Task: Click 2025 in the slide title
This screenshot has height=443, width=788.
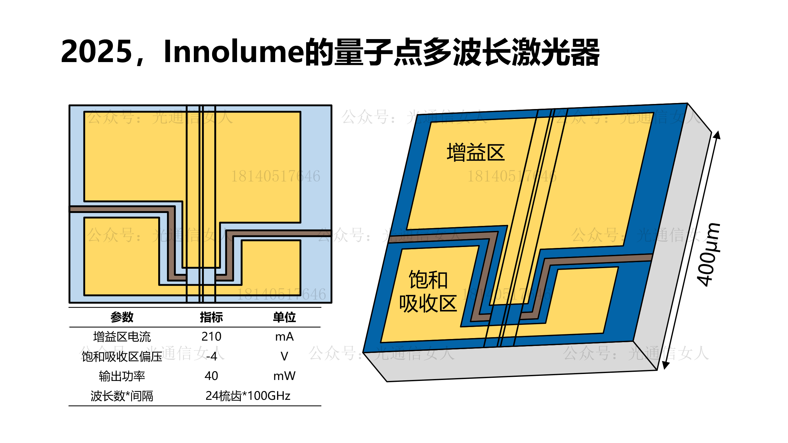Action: (96, 52)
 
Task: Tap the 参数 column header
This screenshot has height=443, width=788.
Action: (122, 317)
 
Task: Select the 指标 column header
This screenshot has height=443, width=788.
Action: (211, 317)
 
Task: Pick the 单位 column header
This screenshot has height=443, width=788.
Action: (284, 317)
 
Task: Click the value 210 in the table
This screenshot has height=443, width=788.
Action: (211, 337)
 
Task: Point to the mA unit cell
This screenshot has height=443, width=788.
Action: (284, 337)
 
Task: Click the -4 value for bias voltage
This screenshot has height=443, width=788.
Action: (211, 356)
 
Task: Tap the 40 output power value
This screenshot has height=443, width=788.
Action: (211, 376)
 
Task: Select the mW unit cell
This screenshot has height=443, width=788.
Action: (284, 376)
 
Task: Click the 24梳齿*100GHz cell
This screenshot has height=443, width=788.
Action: (248, 396)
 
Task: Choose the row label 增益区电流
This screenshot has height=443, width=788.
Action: (122, 337)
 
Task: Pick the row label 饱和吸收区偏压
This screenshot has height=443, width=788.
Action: (122, 356)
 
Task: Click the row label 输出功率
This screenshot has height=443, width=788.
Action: (122, 376)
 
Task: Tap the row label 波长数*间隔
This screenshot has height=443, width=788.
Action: (122, 396)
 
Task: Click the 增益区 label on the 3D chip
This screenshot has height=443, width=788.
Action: (476, 152)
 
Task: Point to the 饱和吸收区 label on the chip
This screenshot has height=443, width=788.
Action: (428, 291)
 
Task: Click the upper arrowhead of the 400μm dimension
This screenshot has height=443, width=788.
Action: (718, 135)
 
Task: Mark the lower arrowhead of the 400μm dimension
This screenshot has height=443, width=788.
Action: (665, 365)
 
